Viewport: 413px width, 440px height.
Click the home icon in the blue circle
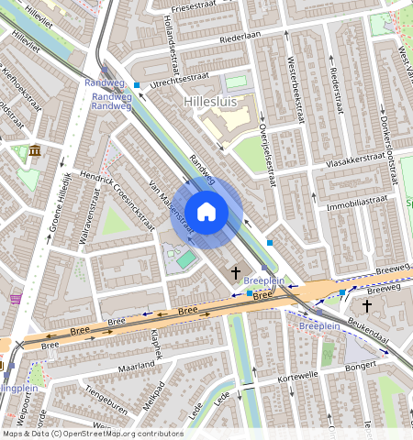point(206,213)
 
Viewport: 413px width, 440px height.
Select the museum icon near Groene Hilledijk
point(34,150)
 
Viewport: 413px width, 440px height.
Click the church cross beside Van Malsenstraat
point(236,272)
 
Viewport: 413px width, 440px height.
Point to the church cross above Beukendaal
point(368,305)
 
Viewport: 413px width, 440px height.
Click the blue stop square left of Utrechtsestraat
point(137,85)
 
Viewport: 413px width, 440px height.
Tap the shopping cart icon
point(16,298)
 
